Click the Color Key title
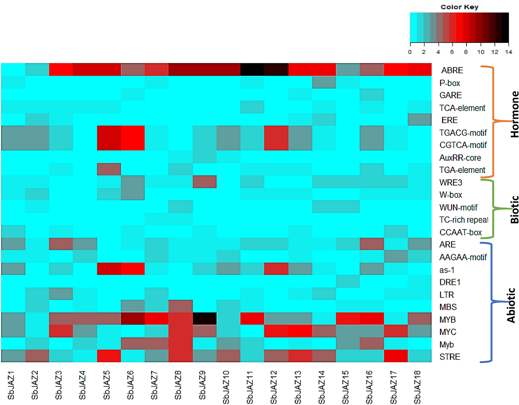(x=459, y=7)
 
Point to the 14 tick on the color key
(x=508, y=52)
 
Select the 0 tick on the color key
(x=410, y=52)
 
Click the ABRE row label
(x=452, y=70)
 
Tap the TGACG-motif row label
(x=463, y=133)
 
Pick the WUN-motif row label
(x=458, y=207)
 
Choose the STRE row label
(x=450, y=357)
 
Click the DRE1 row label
(x=450, y=282)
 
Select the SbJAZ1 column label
(x=11, y=385)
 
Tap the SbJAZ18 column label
(x=417, y=387)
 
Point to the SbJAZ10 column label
(x=226, y=387)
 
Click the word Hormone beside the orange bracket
(x=515, y=114)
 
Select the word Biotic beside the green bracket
(x=515, y=209)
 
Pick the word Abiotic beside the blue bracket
(x=511, y=305)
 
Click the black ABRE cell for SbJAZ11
(x=252, y=70)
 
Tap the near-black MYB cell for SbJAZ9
(x=204, y=319)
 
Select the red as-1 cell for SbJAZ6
(x=133, y=269)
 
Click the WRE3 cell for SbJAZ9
(x=204, y=182)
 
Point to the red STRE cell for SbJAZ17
(x=396, y=356)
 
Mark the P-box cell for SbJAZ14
(x=324, y=82)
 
